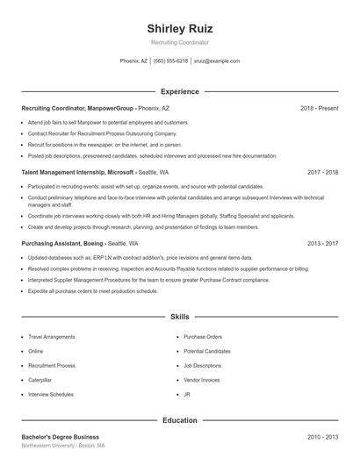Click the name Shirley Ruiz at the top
click(179, 28)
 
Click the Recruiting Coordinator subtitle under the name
click(179, 42)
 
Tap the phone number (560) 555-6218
click(170, 61)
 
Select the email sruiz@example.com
click(217, 61)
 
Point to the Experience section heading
click(179, 91)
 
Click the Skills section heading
click(179, 316)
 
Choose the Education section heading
click(179, 420)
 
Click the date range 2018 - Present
click(319, 108)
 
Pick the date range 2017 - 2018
click(322, 173)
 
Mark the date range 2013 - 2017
click(322, 243)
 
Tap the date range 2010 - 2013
click(322, 437)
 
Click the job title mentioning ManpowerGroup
click(77, 108)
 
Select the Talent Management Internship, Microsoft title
click(77, 173)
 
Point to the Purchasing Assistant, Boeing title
click(62, 243)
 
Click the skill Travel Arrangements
click(51, 337)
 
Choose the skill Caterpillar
click(40, 380)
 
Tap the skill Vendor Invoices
click(202, 380)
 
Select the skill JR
click(187, 395)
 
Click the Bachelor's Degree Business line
click(60, 437)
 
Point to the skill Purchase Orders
click(203, 337)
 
